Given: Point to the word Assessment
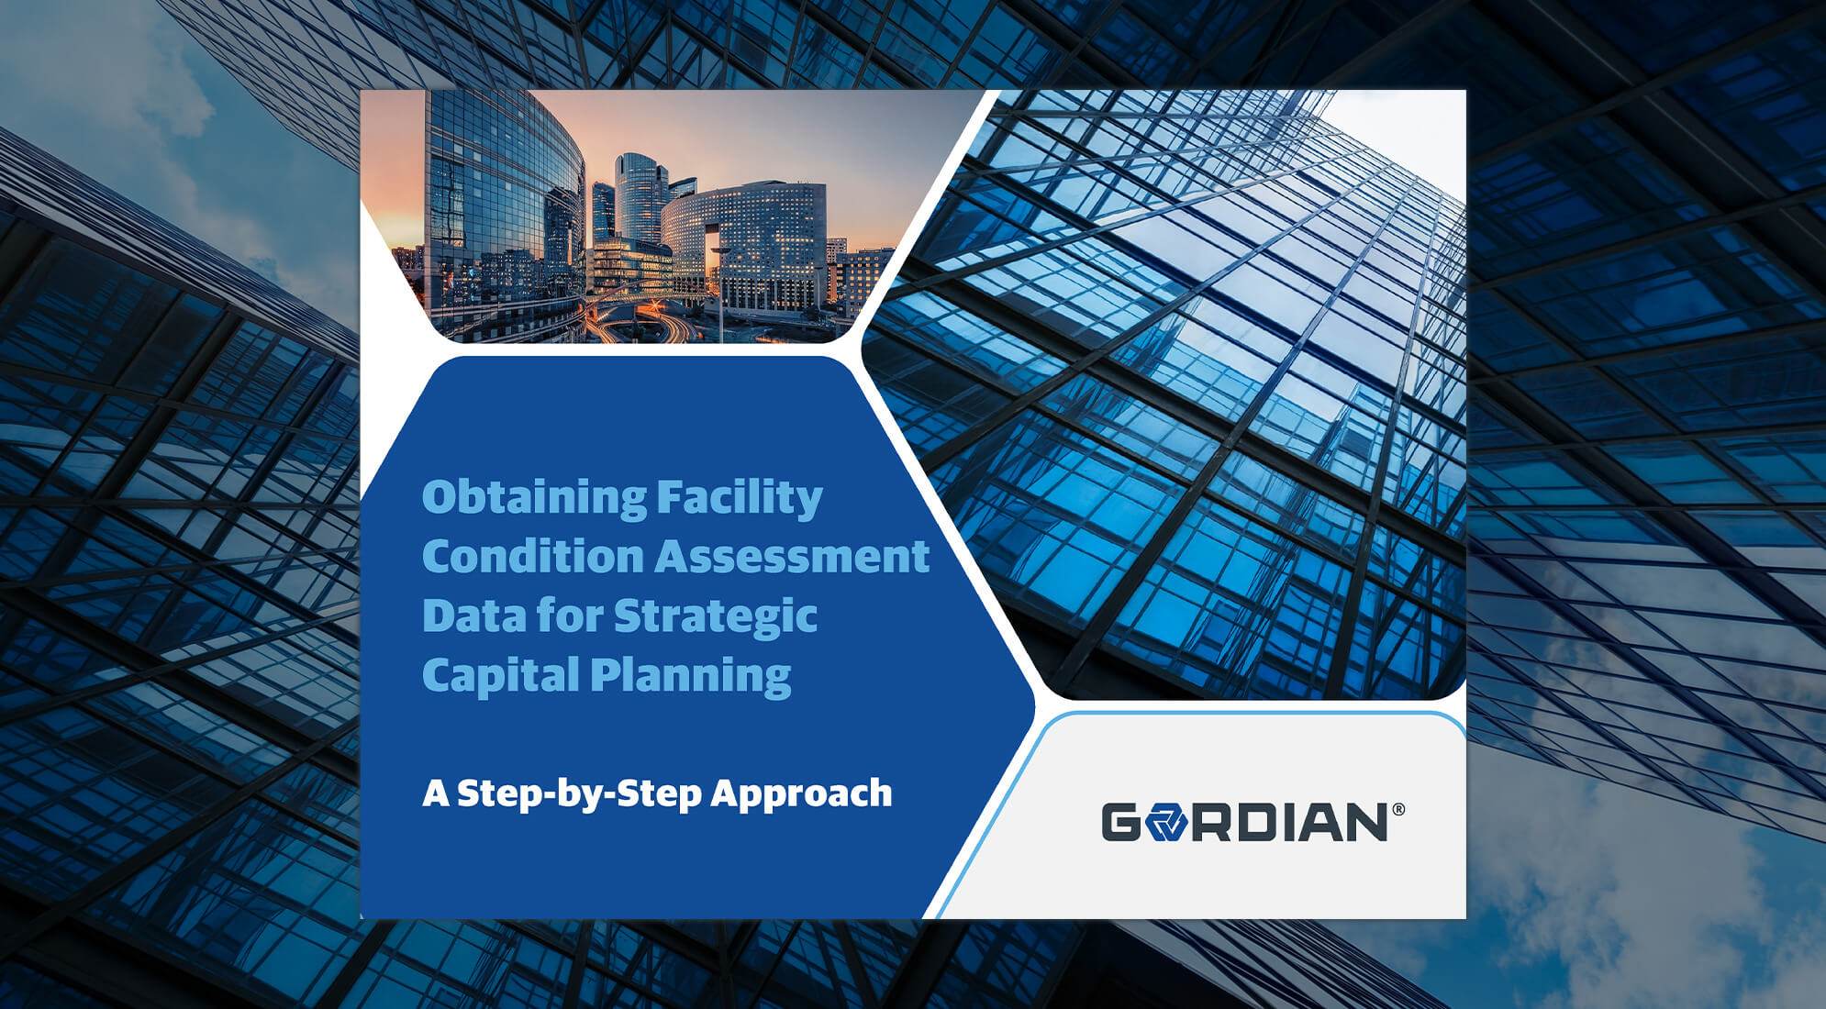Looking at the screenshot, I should [x=792, y=557].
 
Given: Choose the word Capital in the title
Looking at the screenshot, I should [x=500, y=675].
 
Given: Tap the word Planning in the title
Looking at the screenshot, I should [x=690, y=677].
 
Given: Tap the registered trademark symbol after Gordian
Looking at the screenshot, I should [x=1398, y=809].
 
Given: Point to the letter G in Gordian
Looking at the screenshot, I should [x=1121, y=822].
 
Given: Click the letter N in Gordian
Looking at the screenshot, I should [x=1364, y=822].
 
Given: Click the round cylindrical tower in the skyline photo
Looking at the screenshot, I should [x=640, y=197].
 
